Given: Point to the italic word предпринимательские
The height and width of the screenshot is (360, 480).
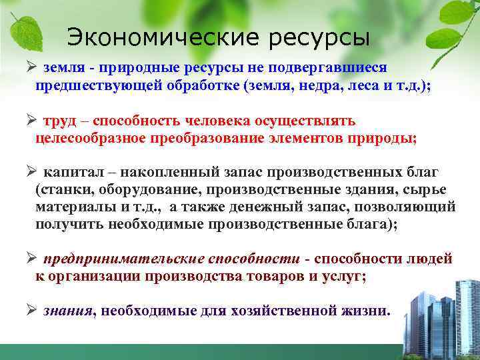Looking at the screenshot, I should point(118,259).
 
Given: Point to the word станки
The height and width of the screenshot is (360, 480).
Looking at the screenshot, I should point(61,190).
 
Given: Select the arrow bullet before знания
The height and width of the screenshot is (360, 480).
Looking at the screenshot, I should point(30,309).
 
